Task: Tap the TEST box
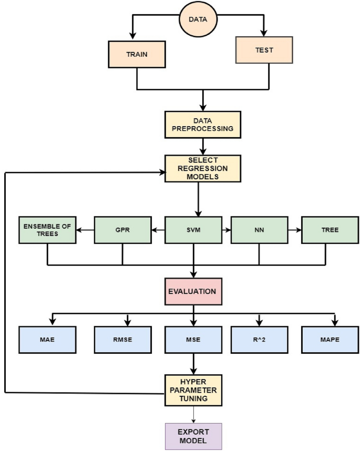(x=263, y=50)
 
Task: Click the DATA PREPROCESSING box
(x=202, y=125)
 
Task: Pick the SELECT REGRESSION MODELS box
(x=202, y=168)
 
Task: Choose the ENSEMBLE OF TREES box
(x=47, y=230)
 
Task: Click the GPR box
(x=122, y=230)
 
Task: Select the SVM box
(x=194, y=230)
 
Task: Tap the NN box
(x=259, y=230)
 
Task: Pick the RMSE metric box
(x=122, y=340)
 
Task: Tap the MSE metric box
(x=194, y=340)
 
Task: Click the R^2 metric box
(x=259, y=340)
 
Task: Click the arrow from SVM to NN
(x=228, y=230)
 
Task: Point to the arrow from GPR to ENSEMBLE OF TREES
(x=85, y=230)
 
